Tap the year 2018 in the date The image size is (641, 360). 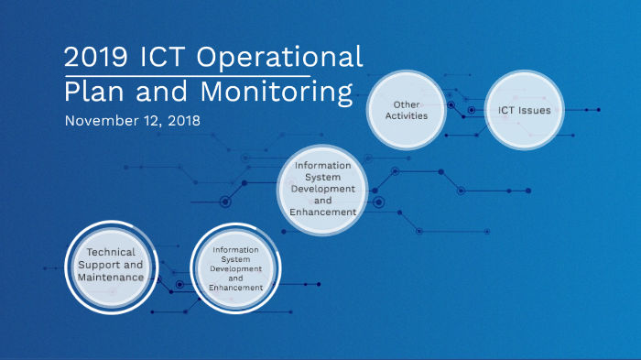183,120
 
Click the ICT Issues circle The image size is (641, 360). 524,111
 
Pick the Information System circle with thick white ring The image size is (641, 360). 235,267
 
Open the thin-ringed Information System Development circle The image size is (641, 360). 322,188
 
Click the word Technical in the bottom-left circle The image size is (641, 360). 110,252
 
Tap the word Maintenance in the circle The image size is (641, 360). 110,277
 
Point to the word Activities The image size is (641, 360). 407,116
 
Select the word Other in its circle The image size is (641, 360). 407,104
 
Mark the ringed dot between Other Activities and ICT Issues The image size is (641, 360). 471,111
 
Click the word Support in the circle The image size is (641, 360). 97,264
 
